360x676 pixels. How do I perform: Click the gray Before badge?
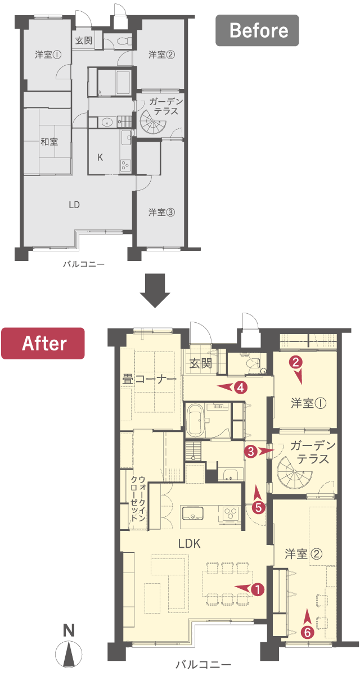257,30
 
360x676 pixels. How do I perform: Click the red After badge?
43,343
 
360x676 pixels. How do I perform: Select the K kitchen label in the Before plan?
100,157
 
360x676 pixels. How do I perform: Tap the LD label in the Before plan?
74,205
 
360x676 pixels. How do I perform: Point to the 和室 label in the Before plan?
49,142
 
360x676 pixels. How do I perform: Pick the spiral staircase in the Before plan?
153,122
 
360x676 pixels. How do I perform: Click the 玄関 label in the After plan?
200,363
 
